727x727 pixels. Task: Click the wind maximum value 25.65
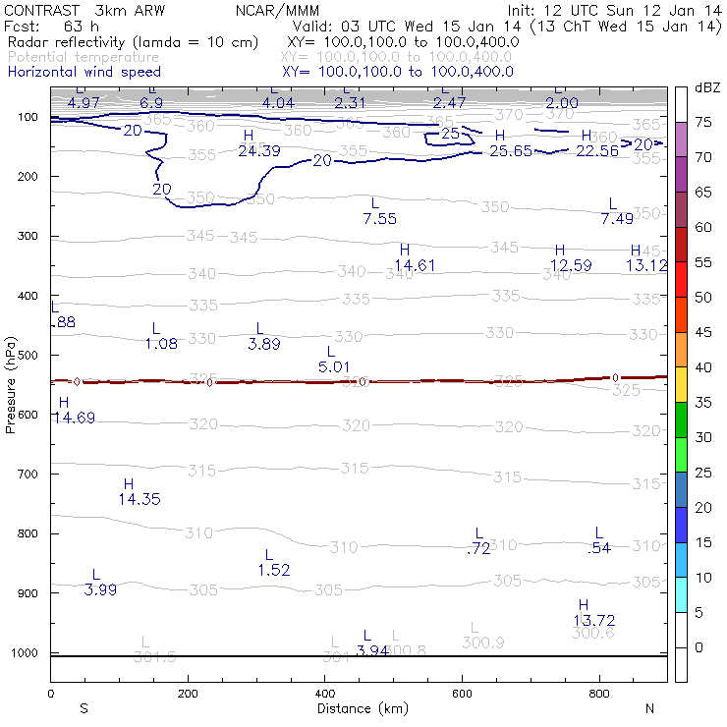coord(511,150)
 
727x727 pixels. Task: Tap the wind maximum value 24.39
coord(259,150)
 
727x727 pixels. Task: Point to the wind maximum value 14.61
coord(415,265)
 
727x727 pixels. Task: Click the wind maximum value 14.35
coord(140,499)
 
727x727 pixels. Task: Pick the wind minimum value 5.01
coord(335,366)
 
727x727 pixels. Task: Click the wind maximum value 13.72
coord(594,620)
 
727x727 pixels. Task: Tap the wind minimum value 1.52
coord(274,570)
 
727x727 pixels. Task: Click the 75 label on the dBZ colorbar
coord(703,123)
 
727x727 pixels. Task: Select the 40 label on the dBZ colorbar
coord(703,367)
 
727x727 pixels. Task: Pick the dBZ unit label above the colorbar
coord(707,88)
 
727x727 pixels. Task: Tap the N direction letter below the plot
coord(649,708)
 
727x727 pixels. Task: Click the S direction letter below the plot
coord(84,708)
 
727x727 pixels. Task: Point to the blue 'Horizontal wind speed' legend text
coord(84,72)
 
